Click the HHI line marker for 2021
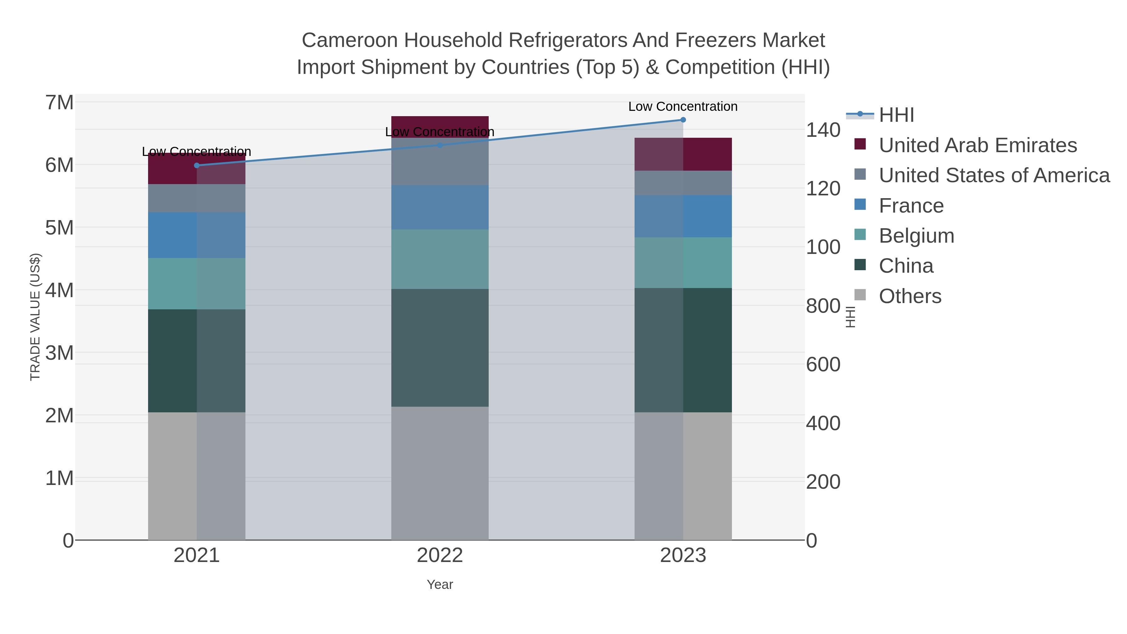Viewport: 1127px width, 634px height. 197,165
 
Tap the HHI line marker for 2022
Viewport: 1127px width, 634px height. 440,145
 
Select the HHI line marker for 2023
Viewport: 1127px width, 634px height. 683,120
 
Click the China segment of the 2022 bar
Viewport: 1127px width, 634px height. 440,348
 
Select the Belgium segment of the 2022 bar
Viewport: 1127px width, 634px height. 440,259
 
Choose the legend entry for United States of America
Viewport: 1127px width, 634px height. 994,175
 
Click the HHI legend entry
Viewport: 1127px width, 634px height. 896,115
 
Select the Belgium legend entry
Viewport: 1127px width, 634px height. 916,236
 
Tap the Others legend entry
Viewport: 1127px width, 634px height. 909,296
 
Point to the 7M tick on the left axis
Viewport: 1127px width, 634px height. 59,103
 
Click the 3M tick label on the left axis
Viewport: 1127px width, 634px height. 59,353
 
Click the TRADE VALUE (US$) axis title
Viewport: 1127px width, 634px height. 35,317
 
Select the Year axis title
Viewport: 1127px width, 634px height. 440,585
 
